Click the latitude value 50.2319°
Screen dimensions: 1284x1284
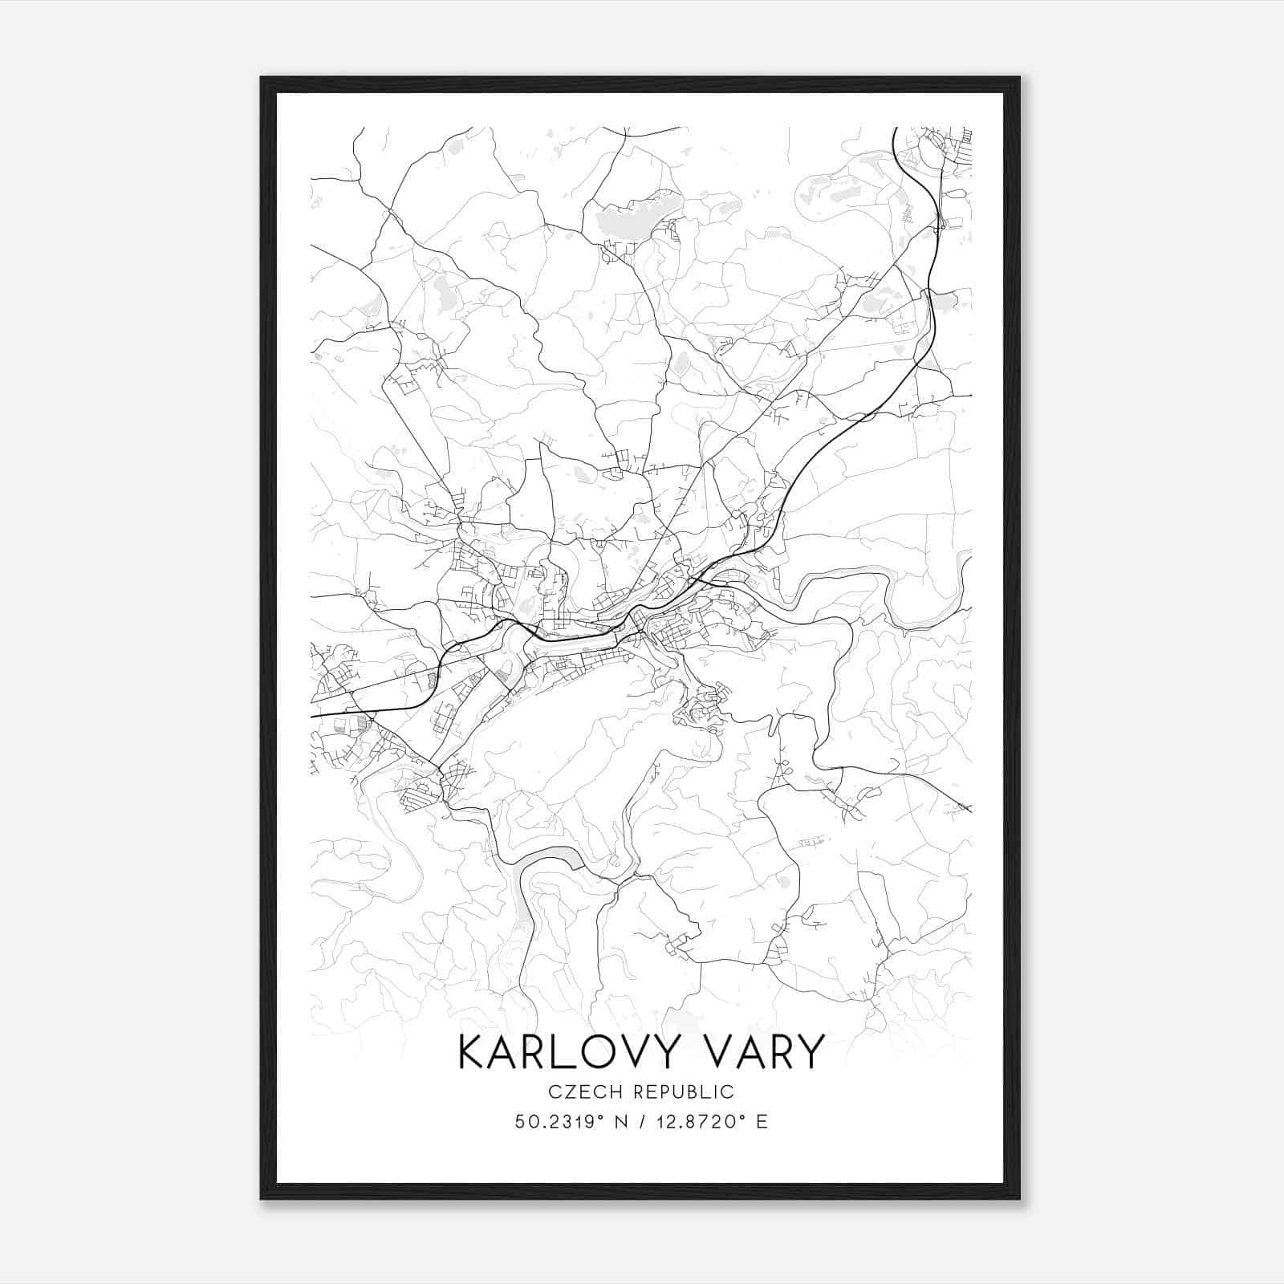(560, 1122)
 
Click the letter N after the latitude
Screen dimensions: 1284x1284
(620, 1122)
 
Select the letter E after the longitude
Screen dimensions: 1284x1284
(762, 1122)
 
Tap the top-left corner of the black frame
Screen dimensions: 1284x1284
(262, 78)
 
